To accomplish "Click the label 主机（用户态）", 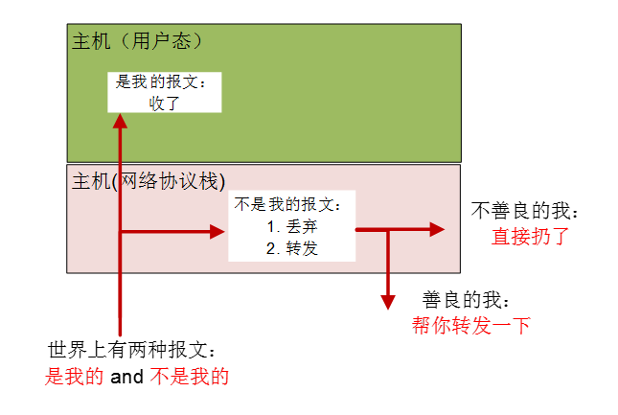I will tap(137, 41).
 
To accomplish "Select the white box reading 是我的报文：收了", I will tap(164, 92).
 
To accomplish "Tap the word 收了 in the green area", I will tap(165, 103).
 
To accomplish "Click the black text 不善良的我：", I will tap(526, 210).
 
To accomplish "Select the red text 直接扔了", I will tap(530, 236).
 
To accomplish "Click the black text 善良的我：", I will tap(468, 300).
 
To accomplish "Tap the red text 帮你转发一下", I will tap(471, 326).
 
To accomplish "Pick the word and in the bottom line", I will tap(126, 377).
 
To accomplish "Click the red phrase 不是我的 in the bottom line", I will tap(190, 377).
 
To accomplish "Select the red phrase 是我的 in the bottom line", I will tap(75, 377).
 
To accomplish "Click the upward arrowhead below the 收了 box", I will tap(120, 121).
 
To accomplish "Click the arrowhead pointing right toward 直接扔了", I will tap(438, 229).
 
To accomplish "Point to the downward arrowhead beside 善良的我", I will tap(388, 302).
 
